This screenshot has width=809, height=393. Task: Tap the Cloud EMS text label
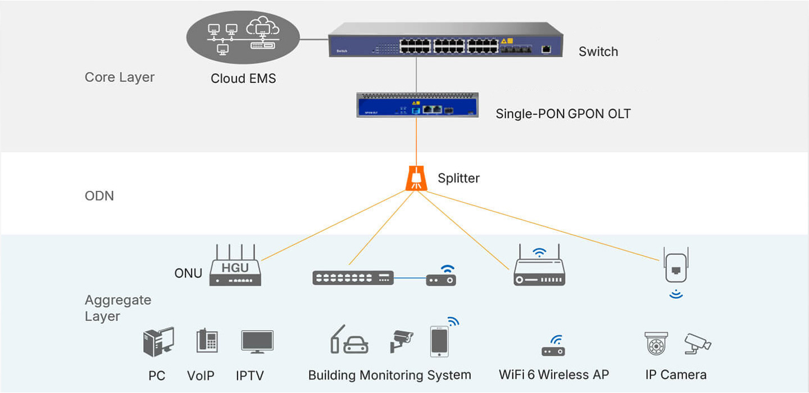[x=243, y=79]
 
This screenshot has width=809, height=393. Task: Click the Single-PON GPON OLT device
[x=417, y=105]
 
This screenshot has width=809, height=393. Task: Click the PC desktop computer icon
[x=158, y=342]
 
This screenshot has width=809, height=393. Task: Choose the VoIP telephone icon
[x=207, y=341]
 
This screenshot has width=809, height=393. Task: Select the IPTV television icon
[x=257, y=341]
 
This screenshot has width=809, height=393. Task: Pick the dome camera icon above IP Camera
[x=656, y=343]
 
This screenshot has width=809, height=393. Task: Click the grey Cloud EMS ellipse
[x=243, y=36]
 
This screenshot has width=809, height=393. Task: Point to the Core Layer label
[x=119, y=77]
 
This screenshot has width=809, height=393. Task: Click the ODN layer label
[x=99, y=196]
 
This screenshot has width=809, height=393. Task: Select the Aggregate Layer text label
[x=118, y=308]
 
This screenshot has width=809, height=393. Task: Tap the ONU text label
[x=188, y=274]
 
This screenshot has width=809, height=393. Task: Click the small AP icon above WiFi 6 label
[x=553, y=347]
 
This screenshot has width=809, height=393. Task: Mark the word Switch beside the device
[x=598, y=52]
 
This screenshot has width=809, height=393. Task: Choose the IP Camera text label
[x=675, y=374]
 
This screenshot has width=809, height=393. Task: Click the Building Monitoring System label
[x=389, y=375]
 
